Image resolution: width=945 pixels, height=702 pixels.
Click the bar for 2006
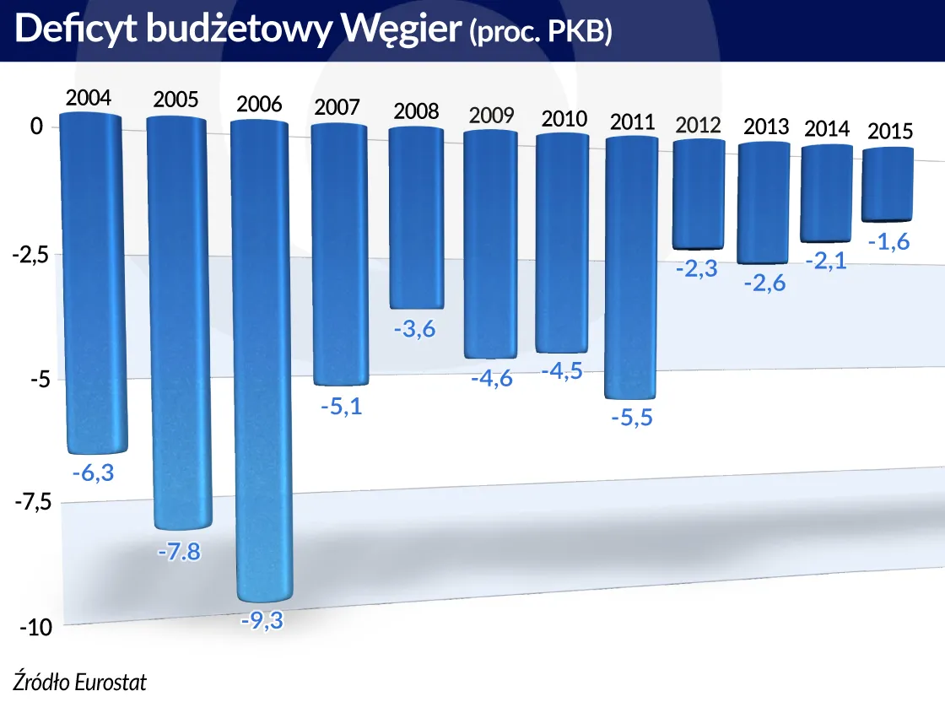pyautogui.click(x=260, y=359)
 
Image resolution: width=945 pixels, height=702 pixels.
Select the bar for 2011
pyautogui.click(x=632, y=266)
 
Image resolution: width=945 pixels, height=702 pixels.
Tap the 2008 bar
pyautogui.click(x=416, y=218)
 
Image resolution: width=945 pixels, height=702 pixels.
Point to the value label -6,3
pyautogui.click(x=93, y=473)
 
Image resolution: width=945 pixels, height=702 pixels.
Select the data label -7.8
pyautogui.click(x=179, y=552)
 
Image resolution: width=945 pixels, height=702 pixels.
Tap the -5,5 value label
pyautogui.click(x=632, y=418)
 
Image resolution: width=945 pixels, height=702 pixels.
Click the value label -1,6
pyautogui.click(x=889, y=242)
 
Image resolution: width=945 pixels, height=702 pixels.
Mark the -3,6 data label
pyautogui.click(x=414, y=328)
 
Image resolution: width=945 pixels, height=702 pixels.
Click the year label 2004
pyautogui.click(x=89, y=98)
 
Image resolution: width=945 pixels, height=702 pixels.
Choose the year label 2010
pyautogui.click(x=564, y=118)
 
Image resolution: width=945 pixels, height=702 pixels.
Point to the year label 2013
pyautogui.click(x=766, y=127)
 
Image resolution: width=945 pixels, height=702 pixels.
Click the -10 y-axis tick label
pyautogui.click(x=35, y=628)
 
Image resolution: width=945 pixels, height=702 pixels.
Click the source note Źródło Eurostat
pyautogui.click(x=73, y=682)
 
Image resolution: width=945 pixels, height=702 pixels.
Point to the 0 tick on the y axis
pyautogui.click(x=36, y=127)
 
